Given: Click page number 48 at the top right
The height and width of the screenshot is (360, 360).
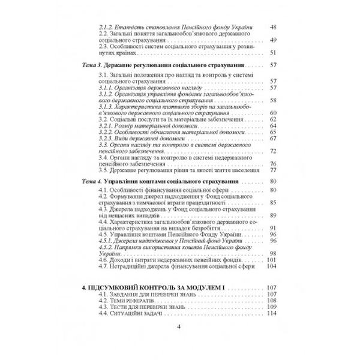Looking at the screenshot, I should coord(273,28).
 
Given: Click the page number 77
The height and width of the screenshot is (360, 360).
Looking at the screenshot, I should coord(273,169).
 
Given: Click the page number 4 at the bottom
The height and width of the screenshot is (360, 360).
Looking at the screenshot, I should coord(178,343).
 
